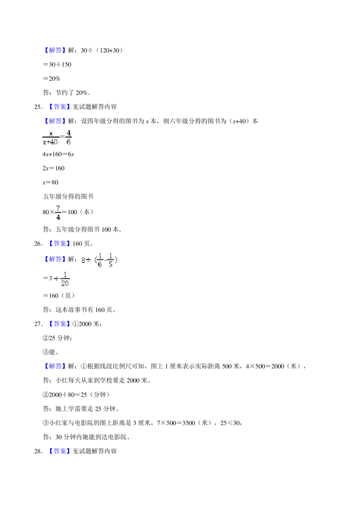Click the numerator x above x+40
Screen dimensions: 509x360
coord(51,134)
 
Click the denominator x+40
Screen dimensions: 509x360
coord(50,142)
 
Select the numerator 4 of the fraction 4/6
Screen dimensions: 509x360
coord(68,133)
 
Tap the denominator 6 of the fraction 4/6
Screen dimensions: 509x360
coord(68,142)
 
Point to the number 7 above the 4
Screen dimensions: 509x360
coord(58,208)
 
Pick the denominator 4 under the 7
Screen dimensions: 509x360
coord(58,218)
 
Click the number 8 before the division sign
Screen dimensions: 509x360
coord(83,260)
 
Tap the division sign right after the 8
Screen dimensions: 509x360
coord(89,260)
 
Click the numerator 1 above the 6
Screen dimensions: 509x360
coord(100,255)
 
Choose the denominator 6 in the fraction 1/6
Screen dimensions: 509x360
coord(100,264)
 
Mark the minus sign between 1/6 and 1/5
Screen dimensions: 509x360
coord(105,260)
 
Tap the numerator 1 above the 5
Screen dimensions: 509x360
coord(110,255)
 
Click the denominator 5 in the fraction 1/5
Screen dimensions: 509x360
coord(110,264)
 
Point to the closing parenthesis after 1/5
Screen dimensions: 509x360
coord(116,260)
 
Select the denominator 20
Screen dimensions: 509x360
coord(65,283)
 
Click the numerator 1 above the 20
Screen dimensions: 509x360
coord(65,275)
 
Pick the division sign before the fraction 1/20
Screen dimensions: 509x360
coord(56,279)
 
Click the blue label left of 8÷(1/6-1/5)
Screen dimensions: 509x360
coord(55,259)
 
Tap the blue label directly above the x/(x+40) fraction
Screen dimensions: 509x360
coord(55,121)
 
